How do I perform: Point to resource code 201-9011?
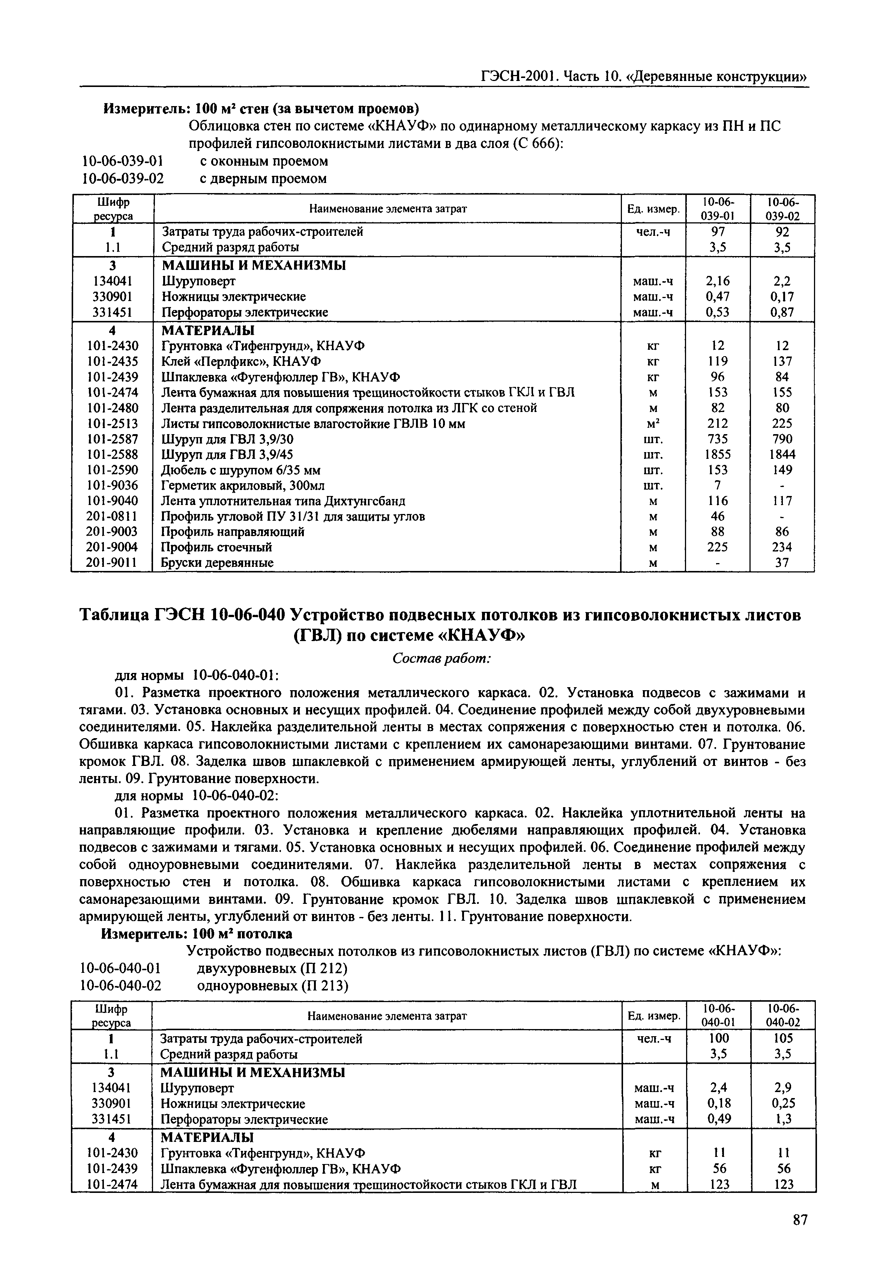[113, 563]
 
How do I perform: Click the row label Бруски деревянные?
[217, 563]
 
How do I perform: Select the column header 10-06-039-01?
[718, 209]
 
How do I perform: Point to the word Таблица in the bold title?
[114, 615]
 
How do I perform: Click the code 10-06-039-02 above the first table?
[123, 179]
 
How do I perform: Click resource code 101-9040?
[113, 501]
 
